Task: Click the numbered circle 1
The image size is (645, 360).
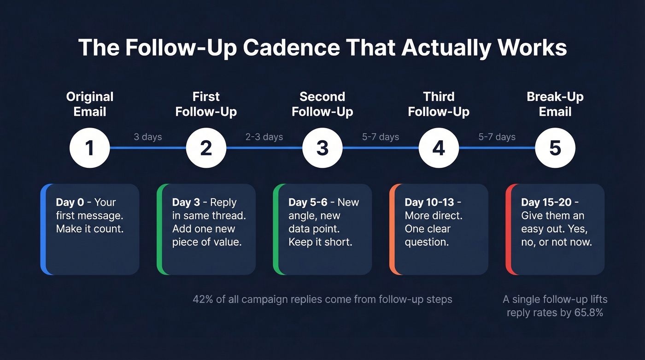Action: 89,148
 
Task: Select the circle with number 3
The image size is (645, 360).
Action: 322,148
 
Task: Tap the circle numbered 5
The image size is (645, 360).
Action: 555,148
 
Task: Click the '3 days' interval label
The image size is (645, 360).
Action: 148,137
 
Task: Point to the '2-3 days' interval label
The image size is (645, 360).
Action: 264,137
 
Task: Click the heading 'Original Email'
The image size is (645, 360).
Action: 90,104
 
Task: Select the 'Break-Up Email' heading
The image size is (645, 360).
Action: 555,104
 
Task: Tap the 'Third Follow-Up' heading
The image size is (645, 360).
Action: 439,104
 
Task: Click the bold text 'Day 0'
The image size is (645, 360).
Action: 70,202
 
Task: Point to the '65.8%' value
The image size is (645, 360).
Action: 588,313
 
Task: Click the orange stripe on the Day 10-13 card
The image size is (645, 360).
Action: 392,229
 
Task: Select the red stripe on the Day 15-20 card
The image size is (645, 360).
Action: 508,229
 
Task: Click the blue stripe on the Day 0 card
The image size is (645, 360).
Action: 43,229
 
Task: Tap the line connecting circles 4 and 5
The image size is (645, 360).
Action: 497,148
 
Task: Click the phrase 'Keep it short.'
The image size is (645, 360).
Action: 320,242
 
